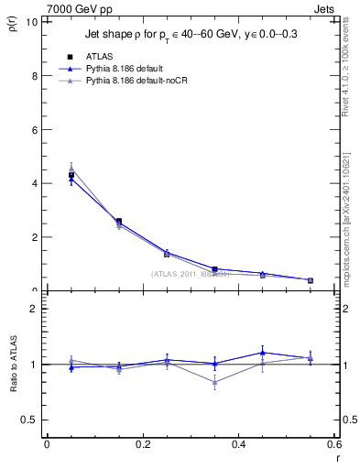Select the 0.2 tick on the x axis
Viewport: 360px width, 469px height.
coord(142,444)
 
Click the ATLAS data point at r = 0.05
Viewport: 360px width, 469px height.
coord(71,175)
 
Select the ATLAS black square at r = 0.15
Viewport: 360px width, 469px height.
coord(119,221)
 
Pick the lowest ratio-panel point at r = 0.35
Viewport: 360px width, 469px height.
coord(214,383)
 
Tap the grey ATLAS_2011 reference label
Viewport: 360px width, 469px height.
coord(191,274)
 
